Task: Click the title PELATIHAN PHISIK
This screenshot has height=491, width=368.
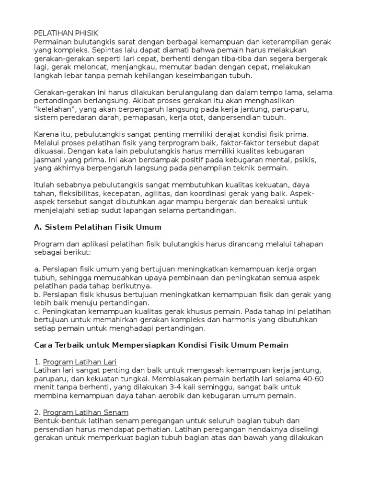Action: pyautogui.click(x=66, y=33)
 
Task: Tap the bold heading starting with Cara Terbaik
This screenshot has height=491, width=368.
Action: pyautogui.click(x=161, y=345)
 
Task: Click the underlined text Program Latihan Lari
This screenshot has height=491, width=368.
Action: pyautogui.click(x=80, y=362)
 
